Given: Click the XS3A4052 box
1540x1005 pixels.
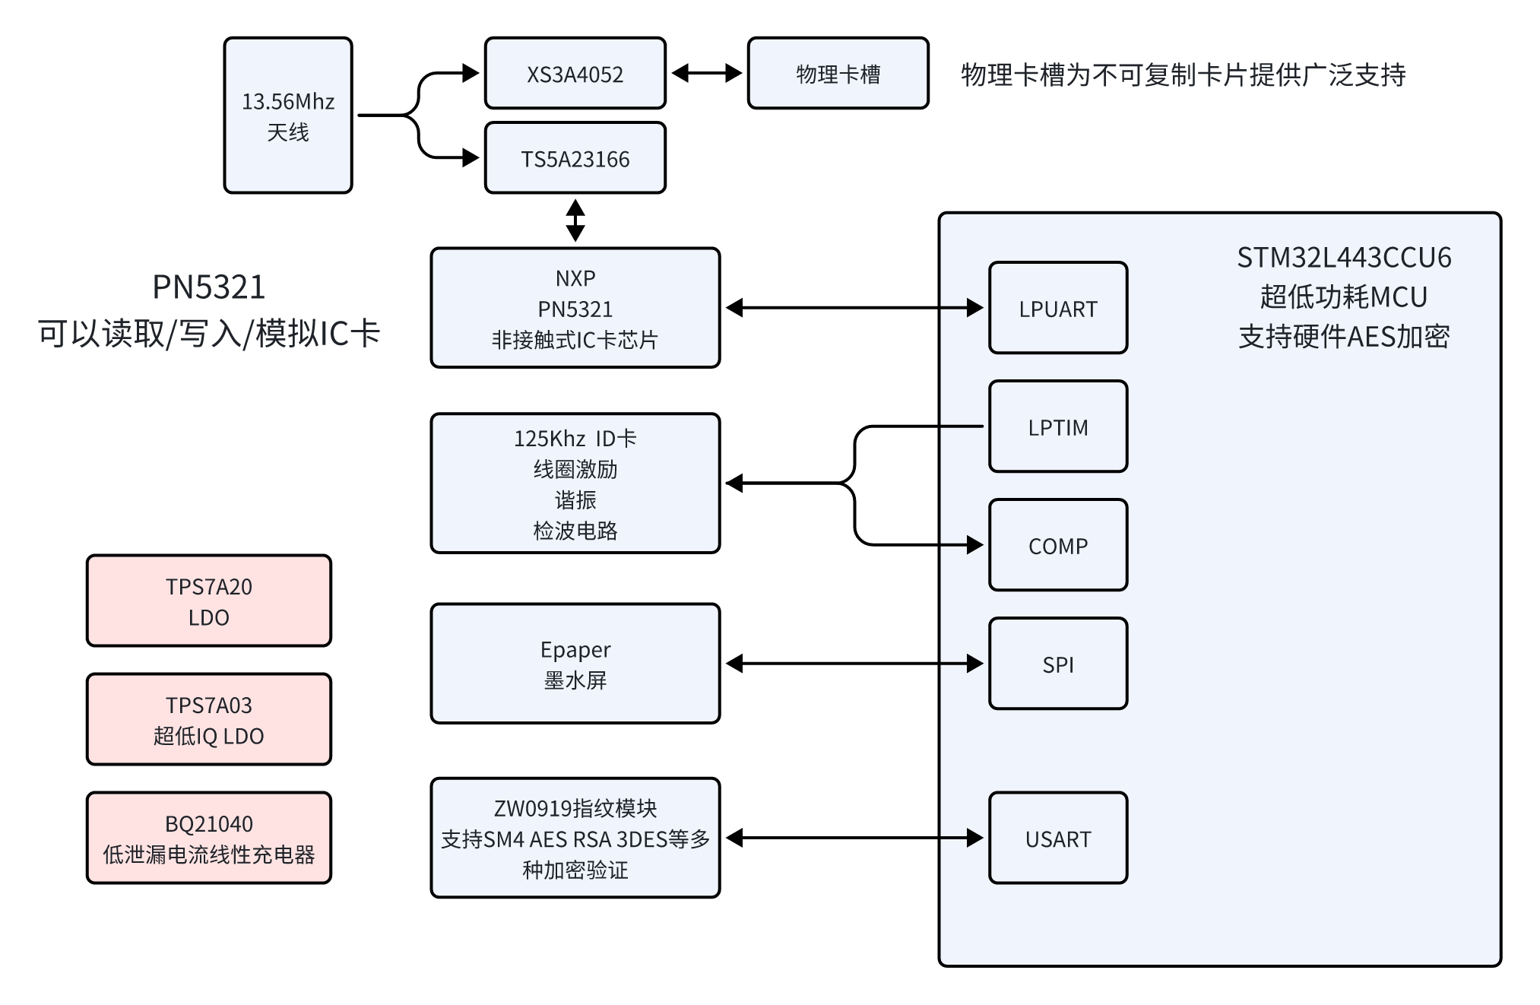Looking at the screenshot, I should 575,74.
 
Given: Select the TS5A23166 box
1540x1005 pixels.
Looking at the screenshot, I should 575,158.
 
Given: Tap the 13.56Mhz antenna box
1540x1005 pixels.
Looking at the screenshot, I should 288,116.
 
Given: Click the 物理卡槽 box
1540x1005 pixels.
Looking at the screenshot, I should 838,74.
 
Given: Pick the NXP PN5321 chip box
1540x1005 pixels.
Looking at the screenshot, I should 575,308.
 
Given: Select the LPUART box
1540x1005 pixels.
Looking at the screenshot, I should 1057,308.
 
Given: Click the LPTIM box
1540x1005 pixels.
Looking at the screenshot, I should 1057,426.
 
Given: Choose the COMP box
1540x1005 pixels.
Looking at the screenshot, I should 1057,545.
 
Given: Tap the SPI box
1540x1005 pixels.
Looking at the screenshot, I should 1057,664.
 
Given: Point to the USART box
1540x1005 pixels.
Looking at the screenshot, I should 1057,838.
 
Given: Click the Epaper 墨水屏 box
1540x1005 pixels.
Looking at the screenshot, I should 575,664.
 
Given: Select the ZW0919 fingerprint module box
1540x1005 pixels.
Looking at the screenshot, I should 575,838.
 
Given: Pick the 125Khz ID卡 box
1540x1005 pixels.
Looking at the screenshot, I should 575,483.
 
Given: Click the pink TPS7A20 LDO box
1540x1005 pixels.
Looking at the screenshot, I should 209,601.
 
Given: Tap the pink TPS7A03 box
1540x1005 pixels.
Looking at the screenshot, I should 209,719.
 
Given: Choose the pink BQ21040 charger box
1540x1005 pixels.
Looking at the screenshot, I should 209,838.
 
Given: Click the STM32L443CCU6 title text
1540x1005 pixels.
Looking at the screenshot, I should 1344,258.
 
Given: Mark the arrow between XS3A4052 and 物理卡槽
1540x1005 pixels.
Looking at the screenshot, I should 707,73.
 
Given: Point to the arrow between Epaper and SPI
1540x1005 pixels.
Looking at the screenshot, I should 854,664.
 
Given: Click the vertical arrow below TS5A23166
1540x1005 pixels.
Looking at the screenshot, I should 575,220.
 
